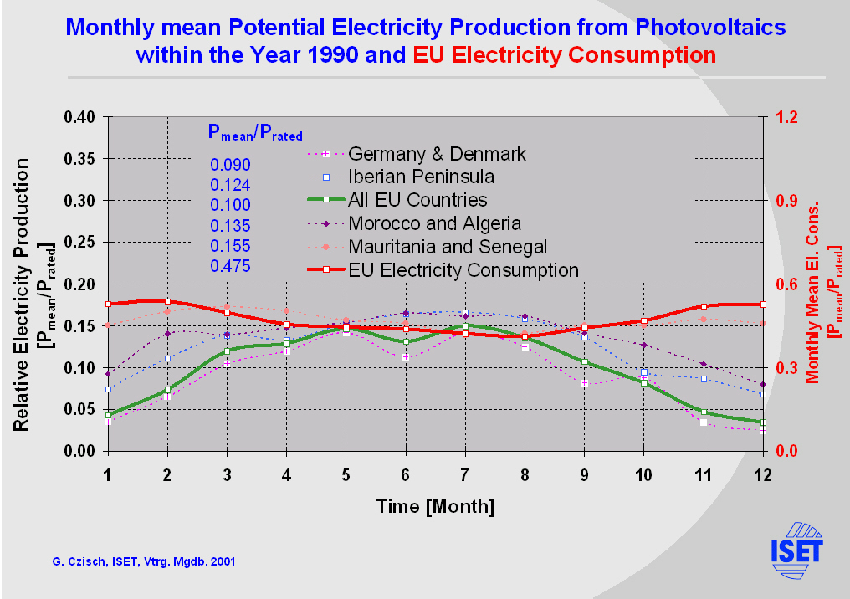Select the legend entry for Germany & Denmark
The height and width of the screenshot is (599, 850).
coord(437,154)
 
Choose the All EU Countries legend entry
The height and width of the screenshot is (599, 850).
coord(417,200)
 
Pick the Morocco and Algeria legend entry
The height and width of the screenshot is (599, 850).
coord(434,223)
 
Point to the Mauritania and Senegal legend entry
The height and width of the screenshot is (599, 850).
coord(448,247)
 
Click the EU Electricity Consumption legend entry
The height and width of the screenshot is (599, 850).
coord(463,270)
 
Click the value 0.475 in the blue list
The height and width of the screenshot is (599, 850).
coord(230,266)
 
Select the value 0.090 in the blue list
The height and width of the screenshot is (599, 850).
coord(230,164)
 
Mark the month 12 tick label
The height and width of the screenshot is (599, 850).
coord(762,474)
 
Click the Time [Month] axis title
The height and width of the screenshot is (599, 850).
coord(435,506)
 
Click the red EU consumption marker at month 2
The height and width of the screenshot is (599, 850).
coord(167,301)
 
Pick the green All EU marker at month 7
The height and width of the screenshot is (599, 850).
coord(465,325)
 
